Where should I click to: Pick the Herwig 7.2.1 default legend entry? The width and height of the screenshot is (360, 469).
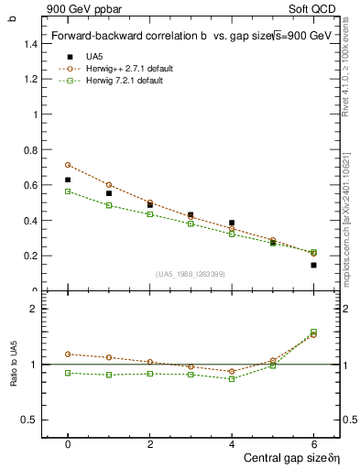[x=125, y=82]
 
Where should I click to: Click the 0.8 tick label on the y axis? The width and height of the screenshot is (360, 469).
[x=32, y=150]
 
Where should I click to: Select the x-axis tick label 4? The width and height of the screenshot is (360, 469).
[x=232, y=443]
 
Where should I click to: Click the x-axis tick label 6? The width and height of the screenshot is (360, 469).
[x=313, y=443]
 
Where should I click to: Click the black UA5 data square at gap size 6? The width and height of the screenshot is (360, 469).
[x=313, y=265]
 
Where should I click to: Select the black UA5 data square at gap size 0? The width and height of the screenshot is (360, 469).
[x=68, y=180]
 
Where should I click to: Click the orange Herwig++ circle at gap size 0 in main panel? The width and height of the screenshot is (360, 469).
[x=68, y=165]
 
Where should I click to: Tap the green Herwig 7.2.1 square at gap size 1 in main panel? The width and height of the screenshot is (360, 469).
[x=109, y=205]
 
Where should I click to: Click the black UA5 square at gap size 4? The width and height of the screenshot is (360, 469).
[x=232, y=223]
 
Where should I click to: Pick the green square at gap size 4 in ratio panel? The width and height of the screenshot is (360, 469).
[x=232, y=378]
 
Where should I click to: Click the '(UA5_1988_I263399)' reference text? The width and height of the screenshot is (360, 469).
[x=190, y=274]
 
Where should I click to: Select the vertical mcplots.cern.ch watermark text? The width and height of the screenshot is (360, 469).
[x=345, y=220]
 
